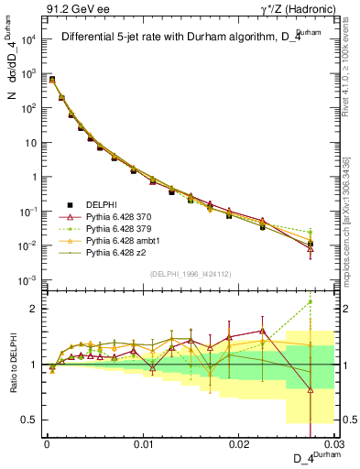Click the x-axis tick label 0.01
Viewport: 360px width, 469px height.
143,443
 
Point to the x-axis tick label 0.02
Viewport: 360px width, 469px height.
240,443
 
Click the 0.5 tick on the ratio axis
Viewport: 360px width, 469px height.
31,420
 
